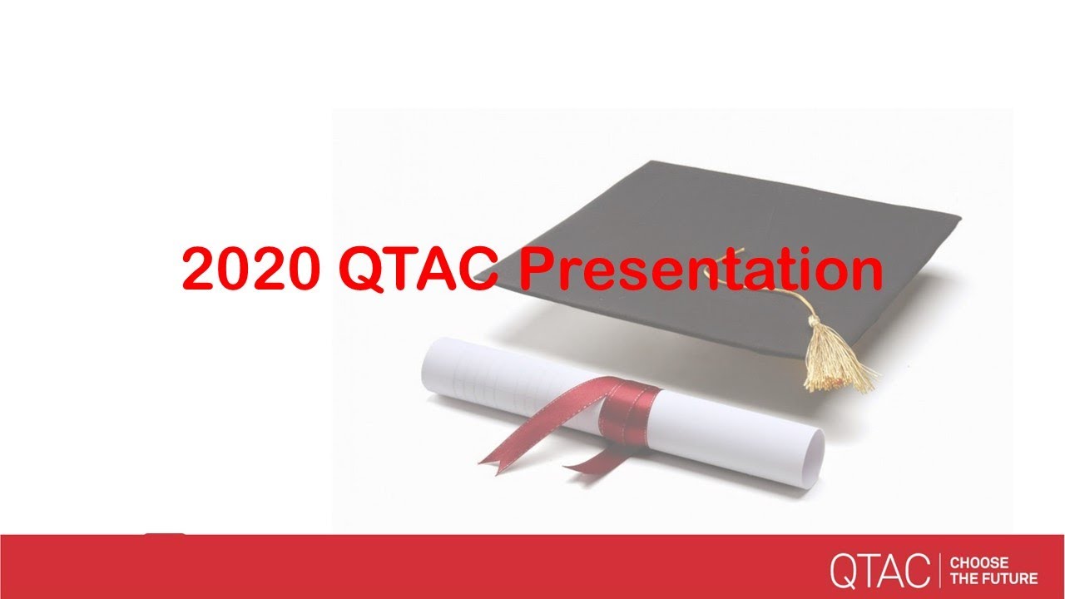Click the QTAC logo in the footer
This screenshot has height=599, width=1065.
[x=879, y=570]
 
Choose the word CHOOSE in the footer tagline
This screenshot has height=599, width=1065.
[x=978, y=563]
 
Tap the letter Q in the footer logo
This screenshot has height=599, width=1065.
[x=843, y=571]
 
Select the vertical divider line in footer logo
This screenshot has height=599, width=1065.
[x=940, y=570]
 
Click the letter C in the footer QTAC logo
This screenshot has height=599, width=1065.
[x=917, y=571]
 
